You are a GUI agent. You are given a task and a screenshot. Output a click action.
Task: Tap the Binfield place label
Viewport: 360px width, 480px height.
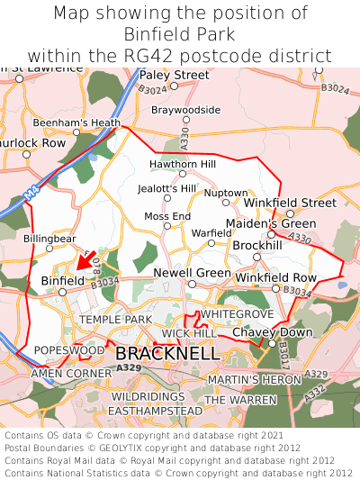[x=62, y=281]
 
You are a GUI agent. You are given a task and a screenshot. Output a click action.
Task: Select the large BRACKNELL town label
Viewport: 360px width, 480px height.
[x=167, y=354]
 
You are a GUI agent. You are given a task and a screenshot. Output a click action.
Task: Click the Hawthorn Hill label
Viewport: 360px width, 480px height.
[x=183, y=165]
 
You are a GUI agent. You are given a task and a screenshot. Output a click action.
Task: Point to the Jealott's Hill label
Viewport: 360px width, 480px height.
[x=166, y=188]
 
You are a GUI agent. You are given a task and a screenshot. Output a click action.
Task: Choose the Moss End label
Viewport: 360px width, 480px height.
[x=167, y=216]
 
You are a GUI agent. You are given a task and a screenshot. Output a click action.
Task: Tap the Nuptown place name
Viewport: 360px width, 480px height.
[x=225, y=193]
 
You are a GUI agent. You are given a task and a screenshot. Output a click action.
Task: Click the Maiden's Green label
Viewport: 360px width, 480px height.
[x=271, y=223]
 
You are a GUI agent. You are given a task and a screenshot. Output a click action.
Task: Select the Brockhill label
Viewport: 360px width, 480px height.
[x=257, y=245]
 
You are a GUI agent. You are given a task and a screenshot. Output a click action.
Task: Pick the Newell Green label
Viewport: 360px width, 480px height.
[x=192, y=272]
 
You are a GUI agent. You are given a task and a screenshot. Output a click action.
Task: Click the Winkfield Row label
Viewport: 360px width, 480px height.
[x=275, y=277]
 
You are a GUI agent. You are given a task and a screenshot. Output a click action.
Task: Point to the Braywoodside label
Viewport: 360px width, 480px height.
[x=185, y=110]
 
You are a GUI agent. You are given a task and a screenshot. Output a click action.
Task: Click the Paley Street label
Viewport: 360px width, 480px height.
[x=175, y=75]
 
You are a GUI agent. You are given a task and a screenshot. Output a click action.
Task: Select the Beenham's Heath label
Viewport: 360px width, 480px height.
[x=76, y=122]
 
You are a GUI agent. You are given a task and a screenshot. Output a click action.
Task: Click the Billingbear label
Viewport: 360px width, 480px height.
[x=49, y=238]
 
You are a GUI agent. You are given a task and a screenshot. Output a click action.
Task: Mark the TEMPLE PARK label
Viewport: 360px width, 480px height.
[x=115, y=320]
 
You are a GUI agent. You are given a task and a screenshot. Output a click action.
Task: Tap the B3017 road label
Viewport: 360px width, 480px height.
[x=282, y=348]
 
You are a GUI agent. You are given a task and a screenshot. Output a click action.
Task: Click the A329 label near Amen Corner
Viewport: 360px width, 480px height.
[x=129, y=367]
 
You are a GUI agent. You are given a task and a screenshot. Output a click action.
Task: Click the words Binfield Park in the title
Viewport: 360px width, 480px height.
[x=180, y=34]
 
